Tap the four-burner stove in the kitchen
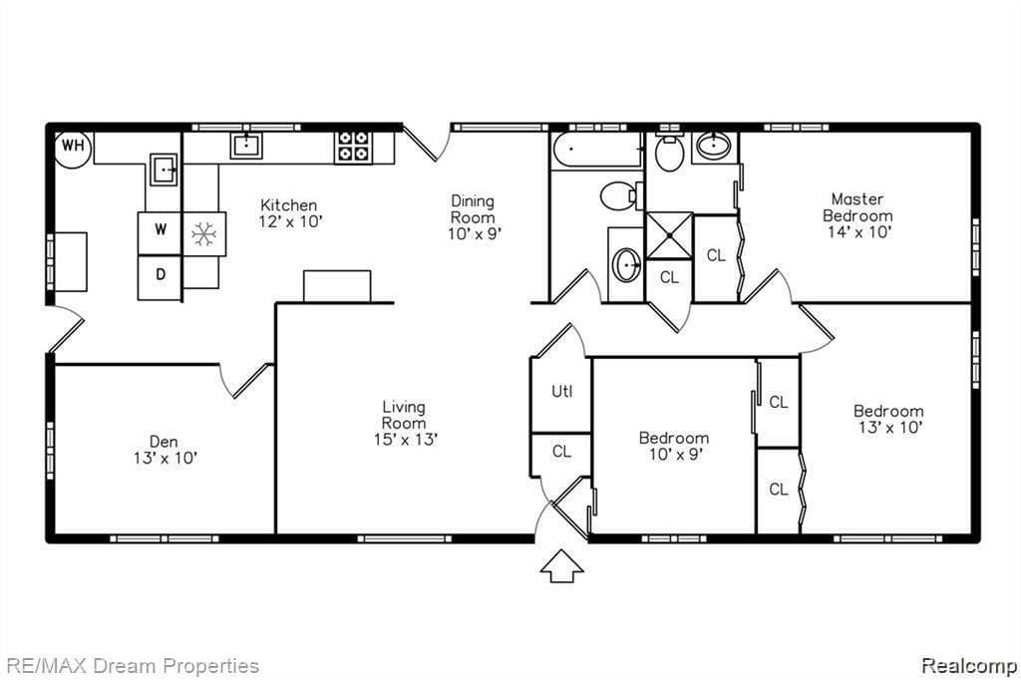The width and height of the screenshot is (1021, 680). [x=352, y=147]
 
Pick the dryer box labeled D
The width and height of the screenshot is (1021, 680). [x=160, y=275]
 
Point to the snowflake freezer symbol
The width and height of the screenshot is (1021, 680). [x=204, y=233]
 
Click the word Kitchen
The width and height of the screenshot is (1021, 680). [x=289, y=205]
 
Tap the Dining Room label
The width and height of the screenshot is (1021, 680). [x=473, y=209]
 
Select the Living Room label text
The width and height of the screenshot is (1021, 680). [x=404, y=415]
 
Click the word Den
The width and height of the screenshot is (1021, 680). [x=164, y=441]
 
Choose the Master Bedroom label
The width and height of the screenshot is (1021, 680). [x=857, y=207]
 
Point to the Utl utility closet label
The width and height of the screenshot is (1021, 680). [x=561, y=392]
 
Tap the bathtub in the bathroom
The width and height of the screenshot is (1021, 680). [x=596, y=153]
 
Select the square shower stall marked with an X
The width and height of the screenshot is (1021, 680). [x=669, y=234]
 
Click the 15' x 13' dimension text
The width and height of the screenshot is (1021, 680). [x=404, y=439]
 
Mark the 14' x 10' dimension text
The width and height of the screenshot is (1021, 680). [x=857, y=231]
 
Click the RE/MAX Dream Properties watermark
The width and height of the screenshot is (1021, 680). [x=132, y=666]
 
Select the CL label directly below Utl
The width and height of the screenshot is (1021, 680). [x=561, y=452]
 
